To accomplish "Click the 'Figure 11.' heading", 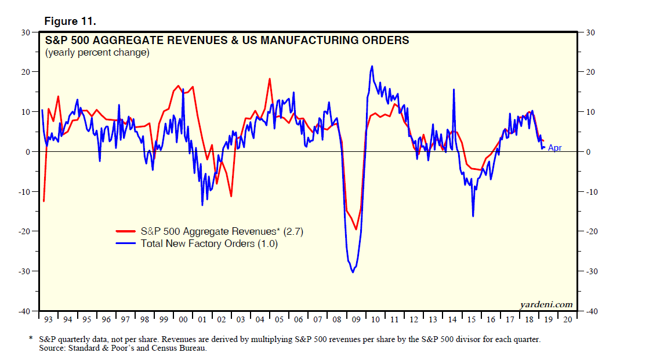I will (70, 21).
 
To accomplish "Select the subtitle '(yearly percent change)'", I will (97, 53).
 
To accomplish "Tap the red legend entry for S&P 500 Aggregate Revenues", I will (222, 231).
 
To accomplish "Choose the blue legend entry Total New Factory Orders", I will (209, 243).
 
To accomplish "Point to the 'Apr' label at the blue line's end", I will (554, 148).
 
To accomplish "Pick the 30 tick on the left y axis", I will (26, 32).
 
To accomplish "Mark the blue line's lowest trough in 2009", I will (353, 272).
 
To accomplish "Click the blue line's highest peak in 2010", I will (372, 66).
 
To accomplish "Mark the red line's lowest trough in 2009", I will (356, 230).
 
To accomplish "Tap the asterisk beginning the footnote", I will (31, 338).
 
